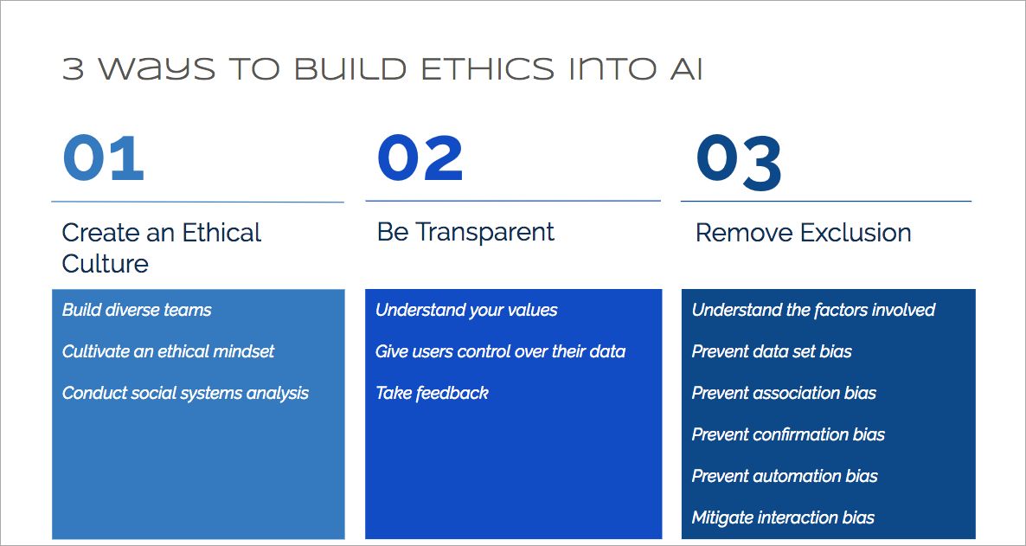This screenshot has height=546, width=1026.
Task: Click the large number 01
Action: (104, 158)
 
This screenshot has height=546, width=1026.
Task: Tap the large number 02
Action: (420, 158)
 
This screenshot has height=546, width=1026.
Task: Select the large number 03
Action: (739, 163)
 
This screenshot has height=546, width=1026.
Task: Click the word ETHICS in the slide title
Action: (489, 69)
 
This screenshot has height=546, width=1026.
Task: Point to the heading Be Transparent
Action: (465, 232)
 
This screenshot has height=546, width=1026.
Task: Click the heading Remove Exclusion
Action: (803, 233)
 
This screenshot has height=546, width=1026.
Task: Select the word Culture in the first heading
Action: (106, 264)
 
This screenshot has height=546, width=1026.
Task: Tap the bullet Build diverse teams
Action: (137, 310)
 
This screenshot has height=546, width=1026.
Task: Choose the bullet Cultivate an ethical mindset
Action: (168, 351)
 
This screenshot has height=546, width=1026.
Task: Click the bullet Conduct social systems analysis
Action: (185, 394)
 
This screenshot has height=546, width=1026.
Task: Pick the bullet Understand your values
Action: (466, 310)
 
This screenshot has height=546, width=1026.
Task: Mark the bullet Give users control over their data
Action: (500, 351)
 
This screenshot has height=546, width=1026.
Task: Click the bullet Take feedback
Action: (432, 393)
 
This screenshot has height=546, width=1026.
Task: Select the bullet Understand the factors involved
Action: (813, 310)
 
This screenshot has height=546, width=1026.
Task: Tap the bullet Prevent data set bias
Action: (773, 351)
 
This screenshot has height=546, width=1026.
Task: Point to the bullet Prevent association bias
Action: (784, 393)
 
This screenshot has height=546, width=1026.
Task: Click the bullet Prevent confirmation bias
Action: (788, 434)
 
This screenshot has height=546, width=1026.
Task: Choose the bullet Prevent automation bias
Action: (785, 476)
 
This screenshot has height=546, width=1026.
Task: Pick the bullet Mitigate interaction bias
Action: (783, 517)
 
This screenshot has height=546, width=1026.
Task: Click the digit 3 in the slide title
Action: (74, 69)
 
